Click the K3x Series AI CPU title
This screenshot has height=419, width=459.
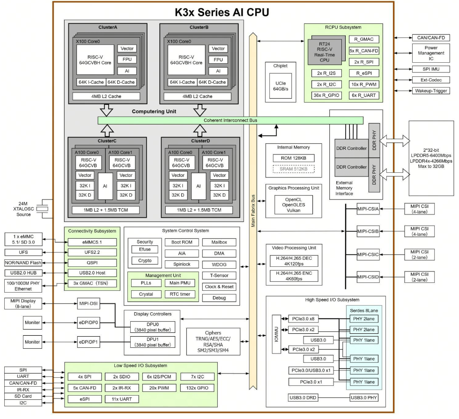[222, 12]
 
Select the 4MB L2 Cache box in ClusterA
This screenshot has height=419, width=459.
[106, 96]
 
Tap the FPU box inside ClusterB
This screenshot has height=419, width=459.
[218, 60]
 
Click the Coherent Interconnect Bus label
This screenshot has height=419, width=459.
[230, 120]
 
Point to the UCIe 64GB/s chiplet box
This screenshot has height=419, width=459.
[281, 86]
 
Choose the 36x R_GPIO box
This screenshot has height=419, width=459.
[326, 96]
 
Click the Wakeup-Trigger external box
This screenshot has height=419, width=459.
[431, 91]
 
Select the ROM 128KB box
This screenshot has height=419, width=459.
[294, 158]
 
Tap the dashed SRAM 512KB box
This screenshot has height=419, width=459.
[294, 169]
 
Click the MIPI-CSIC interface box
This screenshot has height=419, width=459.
[368, 255]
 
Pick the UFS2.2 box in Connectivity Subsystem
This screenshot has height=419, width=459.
[92, 252]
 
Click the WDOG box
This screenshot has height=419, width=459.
[219, 265]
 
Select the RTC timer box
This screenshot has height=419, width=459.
[180, 294]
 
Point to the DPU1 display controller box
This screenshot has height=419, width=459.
[153, 342]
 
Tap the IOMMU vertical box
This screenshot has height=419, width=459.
[276, 334]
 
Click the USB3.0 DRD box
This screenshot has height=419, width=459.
[303, 397]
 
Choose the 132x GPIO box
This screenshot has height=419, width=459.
[197, 388]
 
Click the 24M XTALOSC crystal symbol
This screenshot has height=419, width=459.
[44, 209]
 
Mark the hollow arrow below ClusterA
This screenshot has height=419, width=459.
[106, 110]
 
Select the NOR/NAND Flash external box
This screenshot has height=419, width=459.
[23, 263]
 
